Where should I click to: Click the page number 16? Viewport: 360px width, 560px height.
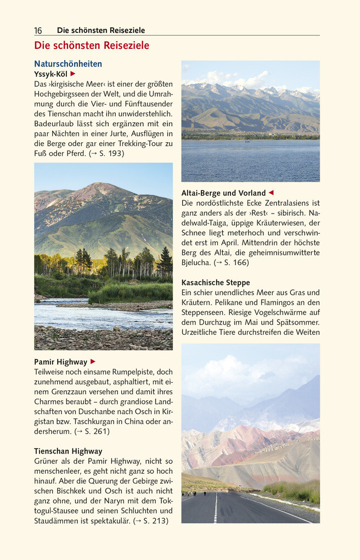[x=38, y=31]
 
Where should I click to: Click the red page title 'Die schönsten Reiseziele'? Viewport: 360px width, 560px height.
[x=92, y=46]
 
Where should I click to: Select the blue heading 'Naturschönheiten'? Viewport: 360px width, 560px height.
[x=68, y=64]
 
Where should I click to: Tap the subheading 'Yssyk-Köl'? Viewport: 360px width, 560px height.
[x=51, y=74]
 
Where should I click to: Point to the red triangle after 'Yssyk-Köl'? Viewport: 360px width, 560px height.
[x=73, y=74]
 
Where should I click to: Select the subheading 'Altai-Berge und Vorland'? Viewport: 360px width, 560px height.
[x=223, y=193]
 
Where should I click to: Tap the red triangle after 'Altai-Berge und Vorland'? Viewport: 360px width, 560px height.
[x=271, y=193]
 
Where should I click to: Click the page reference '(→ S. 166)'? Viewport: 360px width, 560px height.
[x=231, y=262]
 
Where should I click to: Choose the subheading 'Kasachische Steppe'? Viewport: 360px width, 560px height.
[x=216, y=282]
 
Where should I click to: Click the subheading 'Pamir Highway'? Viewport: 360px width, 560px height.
[x=60, y=362]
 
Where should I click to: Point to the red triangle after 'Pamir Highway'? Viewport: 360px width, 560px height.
[x=93, y=362]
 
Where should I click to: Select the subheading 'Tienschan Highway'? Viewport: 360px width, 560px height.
[x=68, y=451]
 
